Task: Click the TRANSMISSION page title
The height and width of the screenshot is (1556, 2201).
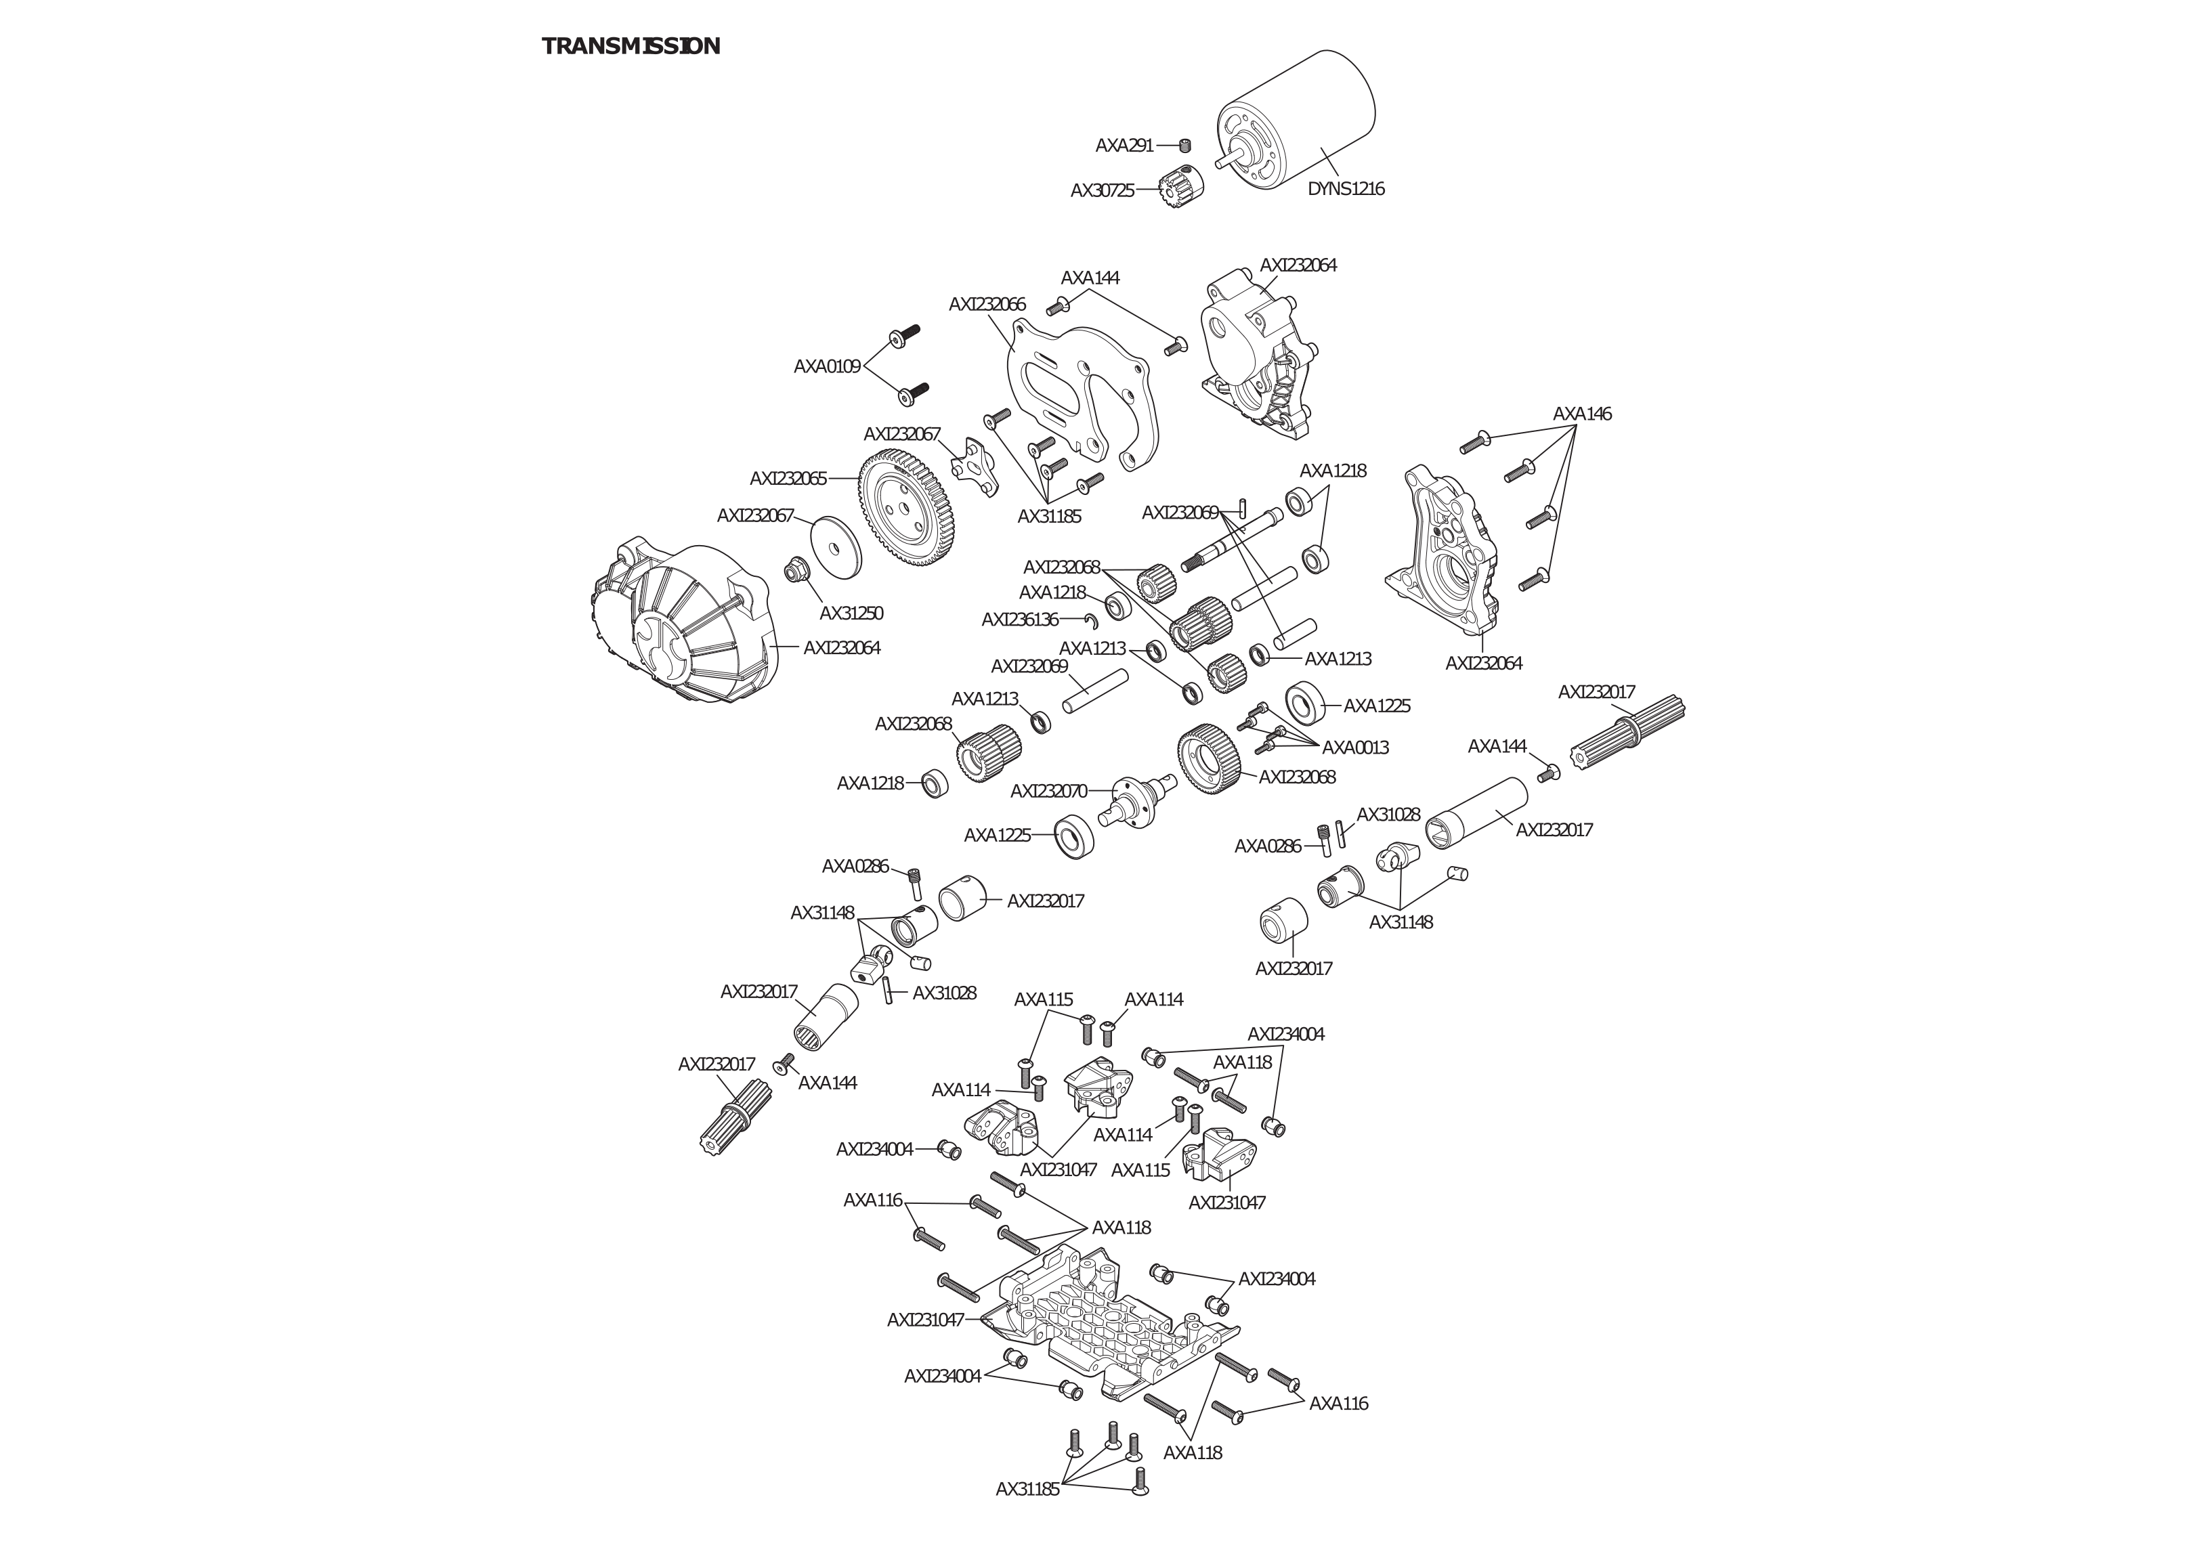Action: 631,46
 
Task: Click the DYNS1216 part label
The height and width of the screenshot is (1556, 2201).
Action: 1346,189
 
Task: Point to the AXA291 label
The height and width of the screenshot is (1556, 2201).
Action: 1124,146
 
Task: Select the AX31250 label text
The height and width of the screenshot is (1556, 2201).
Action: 851,613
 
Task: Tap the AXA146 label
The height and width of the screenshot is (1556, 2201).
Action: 1582,414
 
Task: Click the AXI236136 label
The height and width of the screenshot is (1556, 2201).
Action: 1020,620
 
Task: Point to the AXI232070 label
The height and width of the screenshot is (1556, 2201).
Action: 1049,792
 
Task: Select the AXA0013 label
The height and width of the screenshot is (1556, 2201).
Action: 1356,748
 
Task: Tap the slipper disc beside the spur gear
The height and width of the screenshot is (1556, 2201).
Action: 835,548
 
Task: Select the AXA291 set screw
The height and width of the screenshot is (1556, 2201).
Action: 1185,146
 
